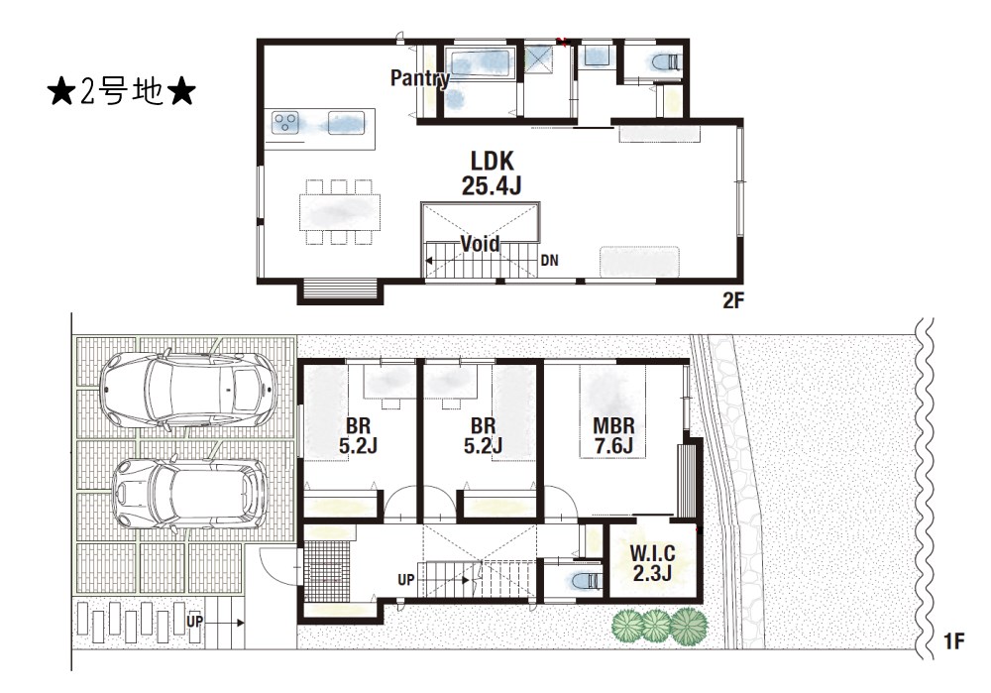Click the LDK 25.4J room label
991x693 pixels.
click(x=492, y=173)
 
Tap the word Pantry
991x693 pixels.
click(x=420, y=78)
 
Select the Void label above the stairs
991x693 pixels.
click(x=480, y=244)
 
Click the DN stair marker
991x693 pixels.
click(x=549, y=261)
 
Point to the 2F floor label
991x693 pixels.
click(x=733, y=300)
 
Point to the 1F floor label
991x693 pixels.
click(x=953, y=641)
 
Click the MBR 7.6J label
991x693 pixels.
click(x=613, y=435)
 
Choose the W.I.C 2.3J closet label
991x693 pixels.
click(x=652, y=563)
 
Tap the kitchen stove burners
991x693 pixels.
click(x=285, y=122)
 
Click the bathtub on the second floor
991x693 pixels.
click(x=481, y=63)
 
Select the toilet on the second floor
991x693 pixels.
click(x=664, y=62)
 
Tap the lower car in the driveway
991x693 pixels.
click(x=189, y=494)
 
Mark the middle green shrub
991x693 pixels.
click(x=655, y=625)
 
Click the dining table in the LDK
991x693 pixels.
click(x=340, y=212)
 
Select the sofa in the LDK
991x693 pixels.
click(x=639, y=262)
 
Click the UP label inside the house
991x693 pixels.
click(x=405, y=579)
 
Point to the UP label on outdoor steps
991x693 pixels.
click(x=194, y=622)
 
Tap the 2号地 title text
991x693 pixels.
click(x=121, y=93)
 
